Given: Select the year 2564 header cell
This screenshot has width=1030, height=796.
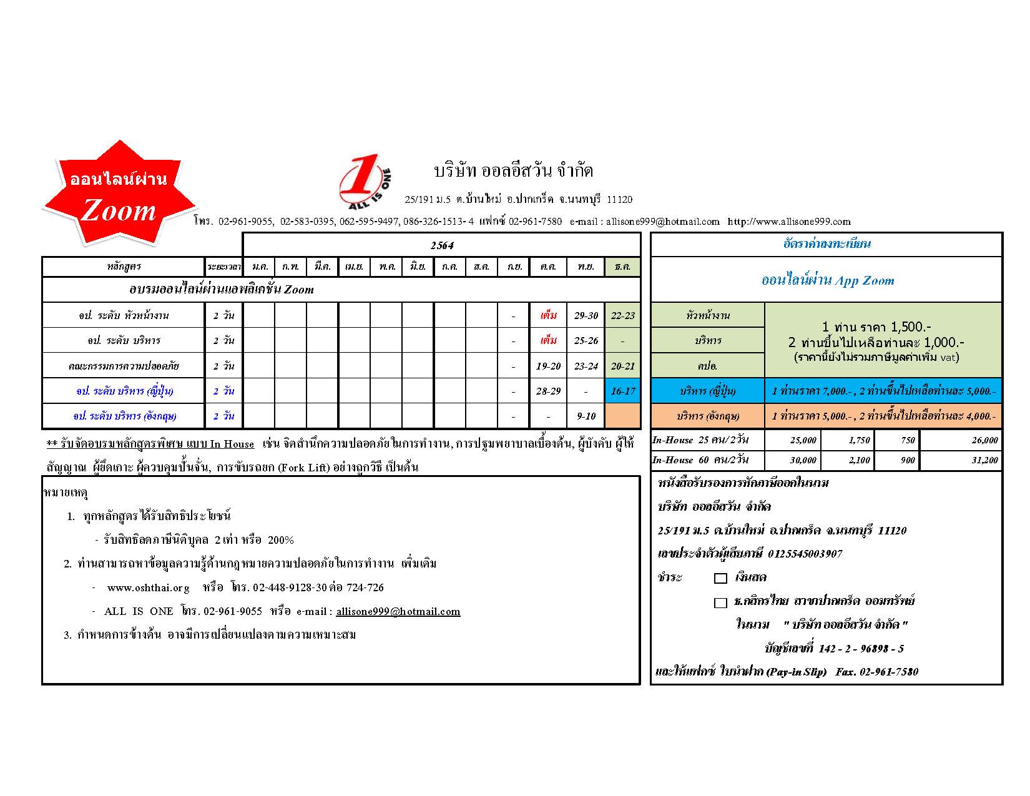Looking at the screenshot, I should coord(442,245).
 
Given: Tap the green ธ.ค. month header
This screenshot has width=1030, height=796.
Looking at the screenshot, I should coord(622,267).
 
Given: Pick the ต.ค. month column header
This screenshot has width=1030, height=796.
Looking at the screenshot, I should coord(548,267).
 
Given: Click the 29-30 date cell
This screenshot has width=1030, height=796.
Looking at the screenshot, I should coord(586,315).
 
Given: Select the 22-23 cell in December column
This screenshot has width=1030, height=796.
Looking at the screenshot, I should coord(622,315).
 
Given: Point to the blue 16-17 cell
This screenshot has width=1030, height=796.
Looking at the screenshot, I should coord(622,391).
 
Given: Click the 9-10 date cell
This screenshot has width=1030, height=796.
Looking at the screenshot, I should coord(586,416).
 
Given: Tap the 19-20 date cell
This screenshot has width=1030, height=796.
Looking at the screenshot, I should coord(548,366).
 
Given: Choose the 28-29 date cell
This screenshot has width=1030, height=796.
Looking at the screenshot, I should coord(548,391).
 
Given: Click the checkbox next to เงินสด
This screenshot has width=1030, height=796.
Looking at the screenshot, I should coord(720,578).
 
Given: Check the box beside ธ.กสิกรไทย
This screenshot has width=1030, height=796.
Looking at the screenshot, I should coord(720,602).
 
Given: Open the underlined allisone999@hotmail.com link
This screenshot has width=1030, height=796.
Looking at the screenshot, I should coord(398,612).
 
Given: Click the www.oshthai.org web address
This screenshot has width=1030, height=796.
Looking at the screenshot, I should coord(148,587).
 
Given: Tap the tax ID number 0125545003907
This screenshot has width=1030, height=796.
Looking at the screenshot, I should coord(805,554).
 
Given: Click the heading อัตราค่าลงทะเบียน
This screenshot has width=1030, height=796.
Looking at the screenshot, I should coord(826,244).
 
